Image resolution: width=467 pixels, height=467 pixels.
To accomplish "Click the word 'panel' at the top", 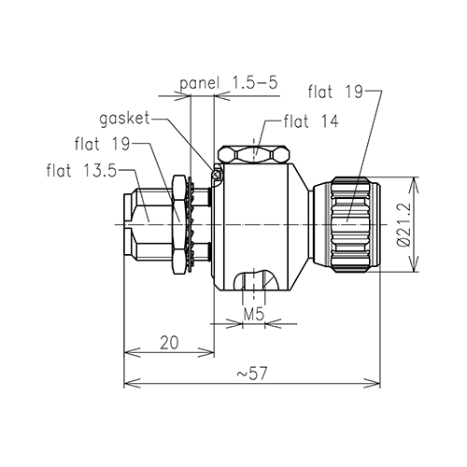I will click(x=198, y=83).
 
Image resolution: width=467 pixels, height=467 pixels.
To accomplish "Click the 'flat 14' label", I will click(x=310, y=120).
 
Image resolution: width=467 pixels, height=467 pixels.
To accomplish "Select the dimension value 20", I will click(x=168, y=343).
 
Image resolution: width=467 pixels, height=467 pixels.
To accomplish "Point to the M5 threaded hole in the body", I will click(x=253, y=281).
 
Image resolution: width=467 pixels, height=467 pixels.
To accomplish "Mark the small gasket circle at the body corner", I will click(x=219, y=171).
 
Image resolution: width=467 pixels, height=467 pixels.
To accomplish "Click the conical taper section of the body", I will click(x=299, y=224).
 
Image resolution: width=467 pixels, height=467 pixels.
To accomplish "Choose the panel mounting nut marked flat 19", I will click(x=177, y=224).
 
